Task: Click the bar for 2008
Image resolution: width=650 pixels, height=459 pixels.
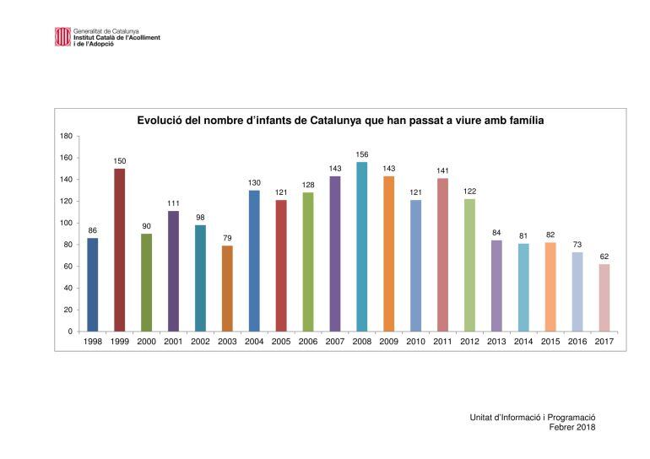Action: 362,246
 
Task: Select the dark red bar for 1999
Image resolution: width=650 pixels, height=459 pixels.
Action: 120,250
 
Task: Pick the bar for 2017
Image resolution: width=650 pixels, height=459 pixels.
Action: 604,297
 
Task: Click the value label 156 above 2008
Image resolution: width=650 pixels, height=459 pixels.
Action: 362,154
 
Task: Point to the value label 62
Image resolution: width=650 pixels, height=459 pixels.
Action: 604,256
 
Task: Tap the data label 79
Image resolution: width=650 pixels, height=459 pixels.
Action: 227,238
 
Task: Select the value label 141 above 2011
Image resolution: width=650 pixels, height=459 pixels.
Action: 443,170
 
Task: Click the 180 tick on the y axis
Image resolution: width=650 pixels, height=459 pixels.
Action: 67,136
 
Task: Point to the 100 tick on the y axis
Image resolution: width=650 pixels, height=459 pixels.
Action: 67,223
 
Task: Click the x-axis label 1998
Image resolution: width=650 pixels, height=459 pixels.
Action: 93,342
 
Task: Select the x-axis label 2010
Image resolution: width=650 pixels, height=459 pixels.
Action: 416,342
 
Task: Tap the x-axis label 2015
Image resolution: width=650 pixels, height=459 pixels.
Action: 550,342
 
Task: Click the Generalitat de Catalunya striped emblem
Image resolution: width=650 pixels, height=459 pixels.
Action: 63,36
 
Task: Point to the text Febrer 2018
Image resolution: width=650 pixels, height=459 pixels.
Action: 572,427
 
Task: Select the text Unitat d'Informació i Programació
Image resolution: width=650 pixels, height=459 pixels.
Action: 533,417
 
